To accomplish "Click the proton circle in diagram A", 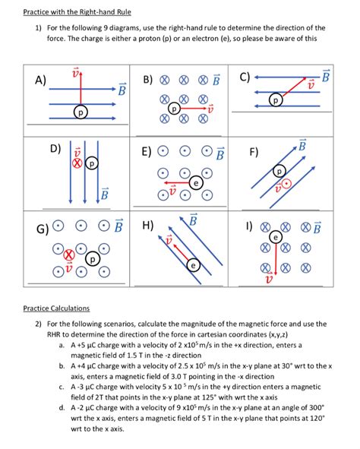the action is coord(81,112).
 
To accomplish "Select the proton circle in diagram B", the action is coord(174,109).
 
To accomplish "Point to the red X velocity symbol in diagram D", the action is coord(77,163).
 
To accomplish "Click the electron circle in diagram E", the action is coord(196,182).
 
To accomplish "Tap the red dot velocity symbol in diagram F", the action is coord(287,184).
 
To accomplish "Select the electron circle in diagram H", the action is coord(193,265).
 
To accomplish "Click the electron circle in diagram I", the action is coord(276,237).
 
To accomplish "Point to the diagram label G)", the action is coord(42,229).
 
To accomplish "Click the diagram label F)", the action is coord(254,152).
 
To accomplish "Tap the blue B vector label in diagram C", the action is coord(326,76).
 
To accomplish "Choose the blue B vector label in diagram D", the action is coord(105,194).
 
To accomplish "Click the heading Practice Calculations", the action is coord(56,308).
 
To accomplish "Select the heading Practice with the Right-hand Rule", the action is coord(77,12).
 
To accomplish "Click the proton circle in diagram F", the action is coord(279,171).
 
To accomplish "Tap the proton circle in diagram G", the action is coord(93,259).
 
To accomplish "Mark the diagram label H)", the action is coord(148,225).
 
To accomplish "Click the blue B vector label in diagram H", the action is coord(194,220).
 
